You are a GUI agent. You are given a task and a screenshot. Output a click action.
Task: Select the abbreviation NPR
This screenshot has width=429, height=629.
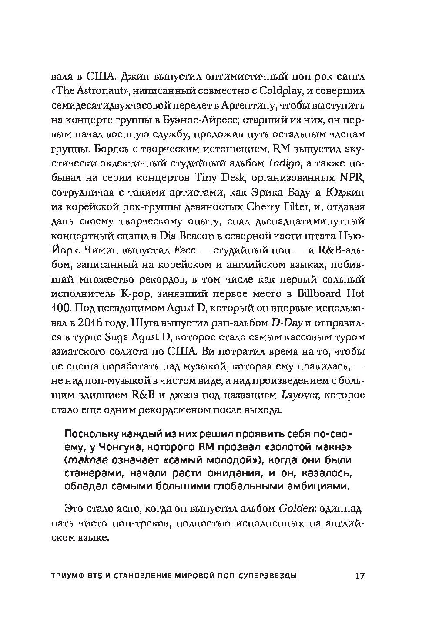(x=353, y=178)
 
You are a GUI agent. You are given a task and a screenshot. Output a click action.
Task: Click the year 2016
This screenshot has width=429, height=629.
(x=111, y=322)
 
